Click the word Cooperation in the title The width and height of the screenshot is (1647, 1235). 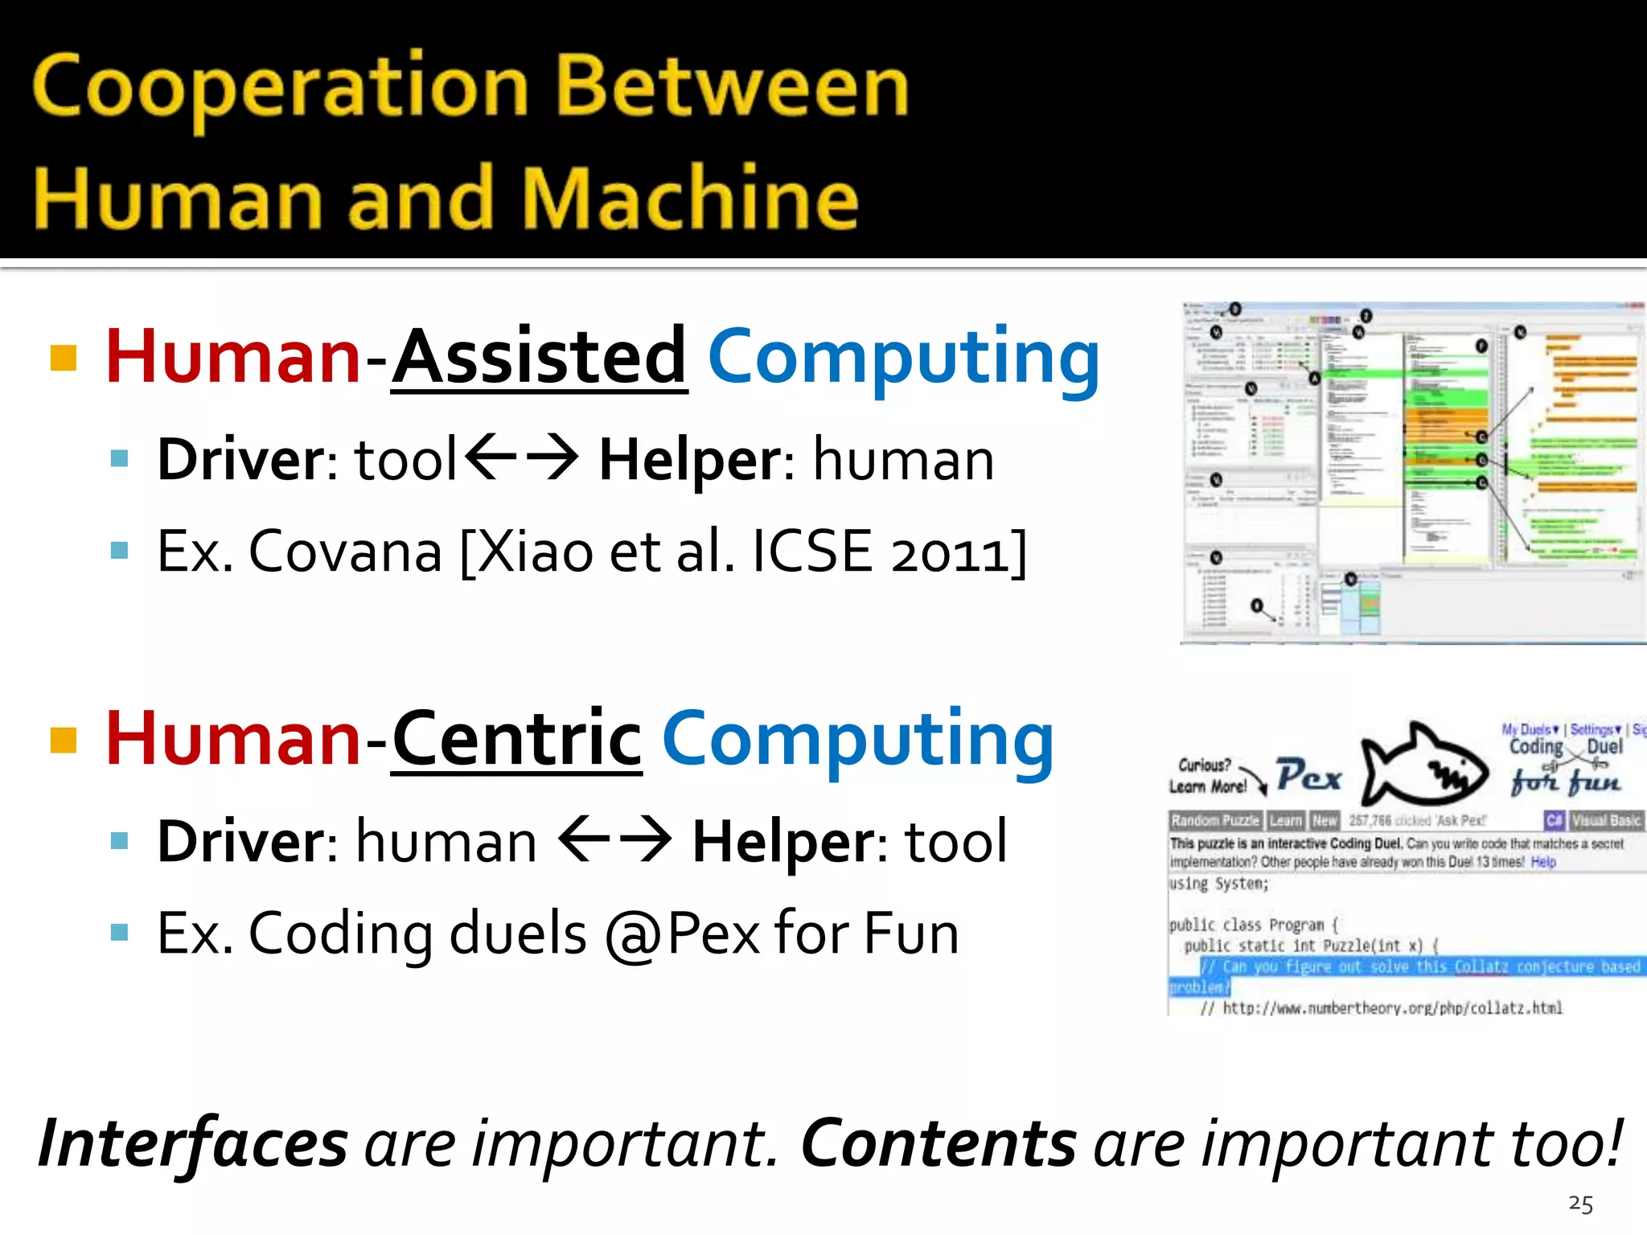(x=280, y=87)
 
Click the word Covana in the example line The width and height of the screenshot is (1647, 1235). (x=345, y=552)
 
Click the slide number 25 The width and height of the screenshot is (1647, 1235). (x=1580, y=1204)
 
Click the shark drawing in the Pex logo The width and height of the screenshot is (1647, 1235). (x=1423, y=765)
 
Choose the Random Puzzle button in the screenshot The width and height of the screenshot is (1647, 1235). (x=1215, y=821)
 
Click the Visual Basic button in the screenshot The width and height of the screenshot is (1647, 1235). (x=1605, y=821)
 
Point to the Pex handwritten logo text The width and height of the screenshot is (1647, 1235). (x=1308, y=775)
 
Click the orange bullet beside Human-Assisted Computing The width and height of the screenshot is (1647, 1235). (x=64, y=358)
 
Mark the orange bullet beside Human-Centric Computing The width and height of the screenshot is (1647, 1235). (x=64, y=740)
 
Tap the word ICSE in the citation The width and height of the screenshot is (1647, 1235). (x=812, y=552)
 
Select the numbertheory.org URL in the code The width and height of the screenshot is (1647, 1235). (x=1391, y=1008)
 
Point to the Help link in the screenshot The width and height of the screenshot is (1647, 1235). (x=1543, y=862)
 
